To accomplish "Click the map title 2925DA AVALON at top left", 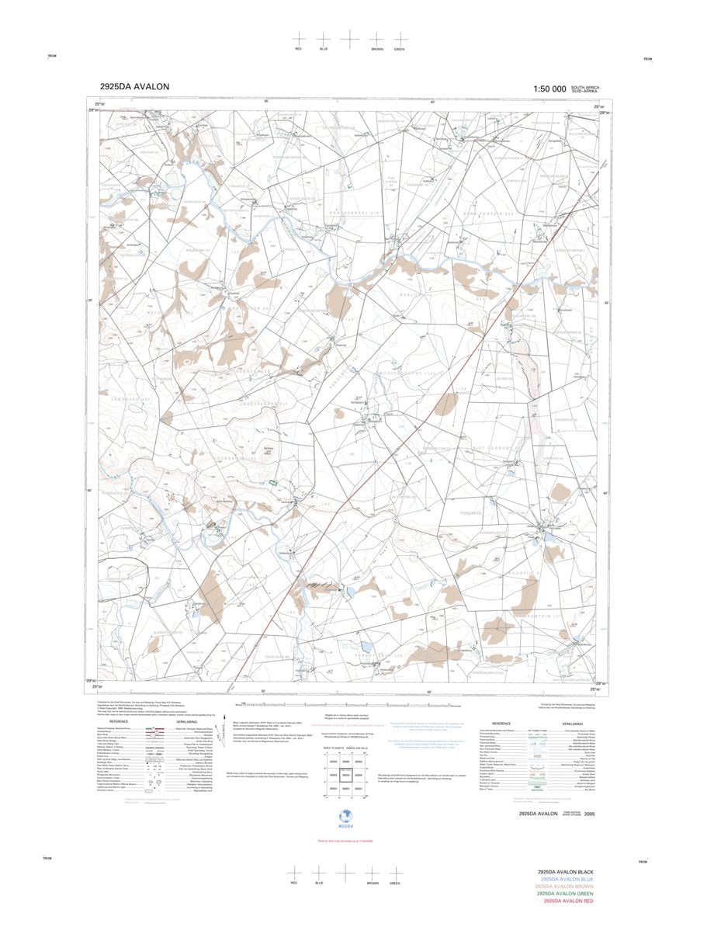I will click(134, 87).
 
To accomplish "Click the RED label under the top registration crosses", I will click(298, 49).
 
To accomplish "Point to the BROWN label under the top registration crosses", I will click(377, 49).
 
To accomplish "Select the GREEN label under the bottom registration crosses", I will click(394, 884).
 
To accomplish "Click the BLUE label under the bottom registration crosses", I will click(319, 884).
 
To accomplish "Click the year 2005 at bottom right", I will click(591, 814).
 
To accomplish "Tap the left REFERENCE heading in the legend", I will click(119, 721).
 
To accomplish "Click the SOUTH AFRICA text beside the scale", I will click(585, 87).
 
